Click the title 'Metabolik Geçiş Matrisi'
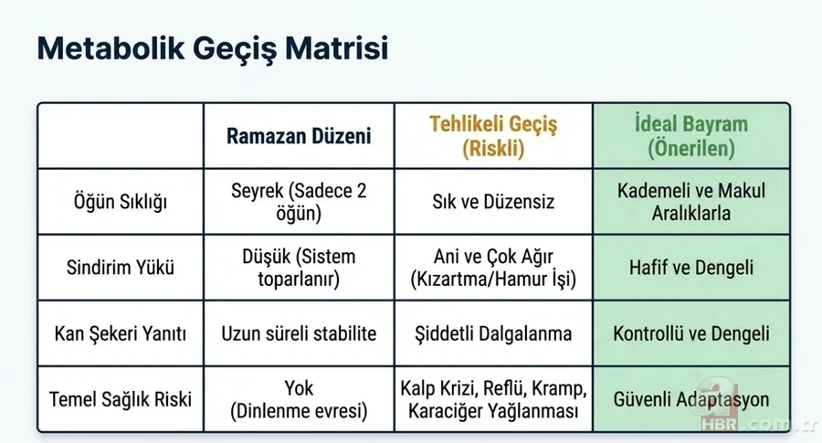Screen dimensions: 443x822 tap(213, 49)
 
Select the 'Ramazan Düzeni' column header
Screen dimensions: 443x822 tap(300, 137)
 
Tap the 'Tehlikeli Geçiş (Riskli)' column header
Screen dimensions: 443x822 tap(493, 137)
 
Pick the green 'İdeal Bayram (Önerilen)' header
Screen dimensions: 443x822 tap(690, 137)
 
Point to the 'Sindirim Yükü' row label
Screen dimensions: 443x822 tap(120, 269)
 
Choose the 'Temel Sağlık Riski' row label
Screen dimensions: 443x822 tap(120, 400)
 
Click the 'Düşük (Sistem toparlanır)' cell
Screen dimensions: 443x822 tap(300, 269)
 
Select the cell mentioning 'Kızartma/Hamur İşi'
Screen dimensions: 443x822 tap(493, 269)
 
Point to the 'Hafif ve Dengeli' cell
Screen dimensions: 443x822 tap(690, 269)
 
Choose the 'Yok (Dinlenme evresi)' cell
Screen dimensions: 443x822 tap(300, 400)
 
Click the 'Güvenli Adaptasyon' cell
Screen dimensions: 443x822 tap(690, 400)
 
